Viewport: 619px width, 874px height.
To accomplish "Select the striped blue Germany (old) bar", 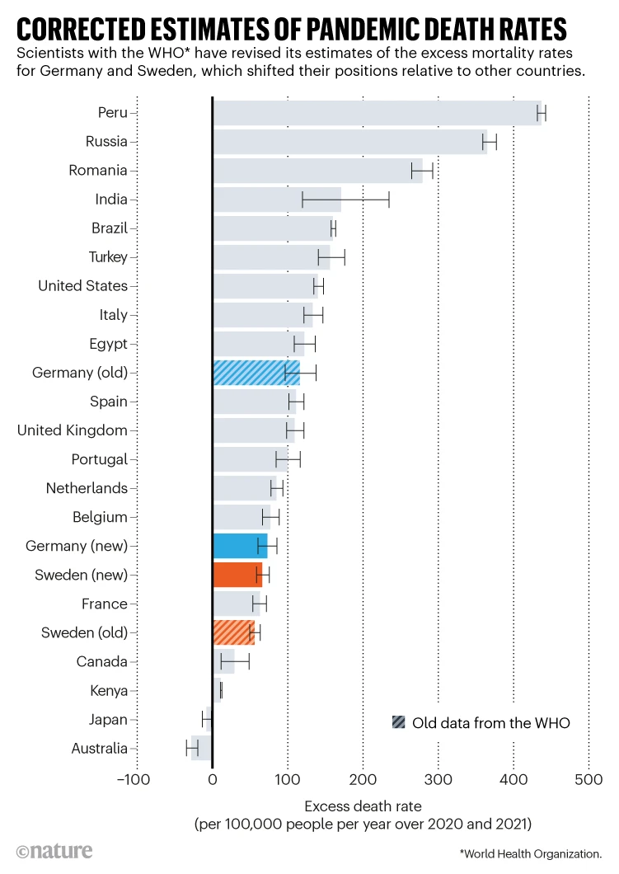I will tap(256, 373).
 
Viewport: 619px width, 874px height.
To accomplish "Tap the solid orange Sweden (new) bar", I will tap(237, 575).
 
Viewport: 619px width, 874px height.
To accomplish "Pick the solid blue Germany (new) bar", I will tap(240, 546).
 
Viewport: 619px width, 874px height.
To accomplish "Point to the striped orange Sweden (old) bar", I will tap(233, 632).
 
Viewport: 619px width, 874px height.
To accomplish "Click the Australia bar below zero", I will tap(202, 748).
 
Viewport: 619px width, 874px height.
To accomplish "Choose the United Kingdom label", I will tap(73, 430).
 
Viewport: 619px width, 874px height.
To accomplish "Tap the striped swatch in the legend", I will tap(399, 723).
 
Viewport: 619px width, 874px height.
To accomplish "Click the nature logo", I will tap(54, 851).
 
